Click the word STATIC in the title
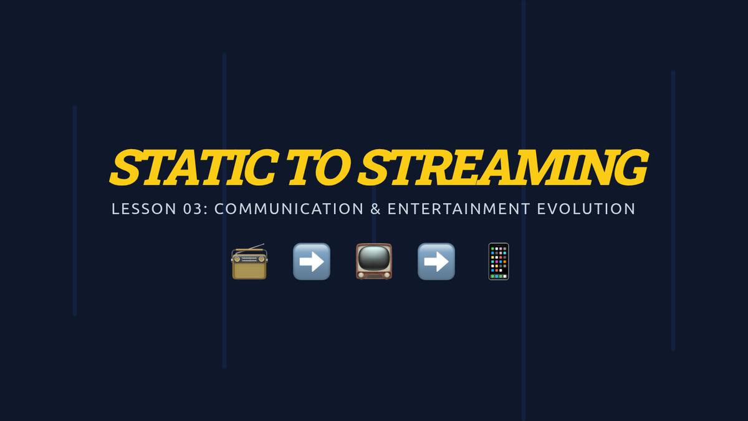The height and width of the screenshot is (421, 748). coord(194,167)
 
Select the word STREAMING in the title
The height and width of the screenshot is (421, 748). coord(503,167)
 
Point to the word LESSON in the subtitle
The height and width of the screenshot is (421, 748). coord(144,209)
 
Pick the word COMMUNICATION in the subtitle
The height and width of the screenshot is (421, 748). coord(289,209)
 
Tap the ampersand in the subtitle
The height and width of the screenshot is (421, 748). coord(375,209)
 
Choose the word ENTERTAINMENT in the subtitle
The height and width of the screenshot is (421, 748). coord(459,209)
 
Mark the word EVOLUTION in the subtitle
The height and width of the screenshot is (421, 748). coord(586,209)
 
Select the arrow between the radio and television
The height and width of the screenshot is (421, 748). coord(312,261)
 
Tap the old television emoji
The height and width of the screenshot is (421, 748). coord(374,261)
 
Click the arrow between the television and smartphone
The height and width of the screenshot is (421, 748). coord(436,261)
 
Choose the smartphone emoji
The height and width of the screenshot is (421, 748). coord(499,261)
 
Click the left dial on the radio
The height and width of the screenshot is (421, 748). coord(237,259)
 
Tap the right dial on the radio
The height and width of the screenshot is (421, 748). coord(261,259)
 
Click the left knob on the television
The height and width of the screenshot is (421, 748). coord(360,275)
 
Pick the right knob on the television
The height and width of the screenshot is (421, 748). coord(387,275)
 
